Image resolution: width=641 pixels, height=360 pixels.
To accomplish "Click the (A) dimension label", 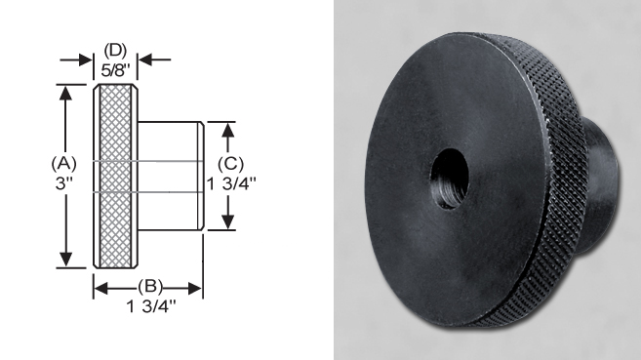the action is point(63,163).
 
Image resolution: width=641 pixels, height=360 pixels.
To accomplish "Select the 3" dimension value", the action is point(63,183).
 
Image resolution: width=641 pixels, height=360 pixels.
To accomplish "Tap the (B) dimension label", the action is point(150,286).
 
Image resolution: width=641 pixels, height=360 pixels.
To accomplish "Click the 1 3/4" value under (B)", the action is point(151,306).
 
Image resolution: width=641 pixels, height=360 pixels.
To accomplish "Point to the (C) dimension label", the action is point(230,164).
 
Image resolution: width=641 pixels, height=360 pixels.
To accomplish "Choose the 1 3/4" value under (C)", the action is point(231,183).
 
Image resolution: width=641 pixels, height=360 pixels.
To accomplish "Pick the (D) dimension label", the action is point(115,51).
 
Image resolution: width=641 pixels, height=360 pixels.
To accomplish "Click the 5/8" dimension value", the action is point(115,70).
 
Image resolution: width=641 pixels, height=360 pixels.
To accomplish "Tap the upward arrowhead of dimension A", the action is point(65,93).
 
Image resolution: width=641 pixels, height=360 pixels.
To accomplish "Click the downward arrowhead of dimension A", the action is point(65,260).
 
